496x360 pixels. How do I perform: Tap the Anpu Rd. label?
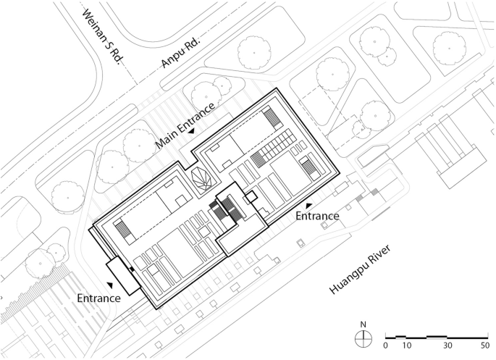coord(180,53)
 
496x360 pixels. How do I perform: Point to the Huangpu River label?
coord(361,269)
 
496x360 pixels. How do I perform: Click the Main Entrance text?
coord(185,125)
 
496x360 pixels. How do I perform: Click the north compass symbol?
coord(363,338)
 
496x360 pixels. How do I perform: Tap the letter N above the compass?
coord(363,325)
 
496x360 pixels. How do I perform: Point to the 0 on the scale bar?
coord(385,346)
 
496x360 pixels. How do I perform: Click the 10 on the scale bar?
coord(407,346)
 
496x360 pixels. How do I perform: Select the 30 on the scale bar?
coord(447,346)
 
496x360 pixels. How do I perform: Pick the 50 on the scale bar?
coord(485,346)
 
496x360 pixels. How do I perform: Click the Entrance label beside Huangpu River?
coord(317,216)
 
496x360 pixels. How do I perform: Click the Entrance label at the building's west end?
coord(99,298)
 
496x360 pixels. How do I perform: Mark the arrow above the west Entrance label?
coord(110,285)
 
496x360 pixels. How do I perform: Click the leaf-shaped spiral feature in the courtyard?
coord(203,178)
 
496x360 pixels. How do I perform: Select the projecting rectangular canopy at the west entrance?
coord(123,276)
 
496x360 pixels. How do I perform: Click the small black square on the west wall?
coord(132,269)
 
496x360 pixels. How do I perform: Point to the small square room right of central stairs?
coord(252,197)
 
